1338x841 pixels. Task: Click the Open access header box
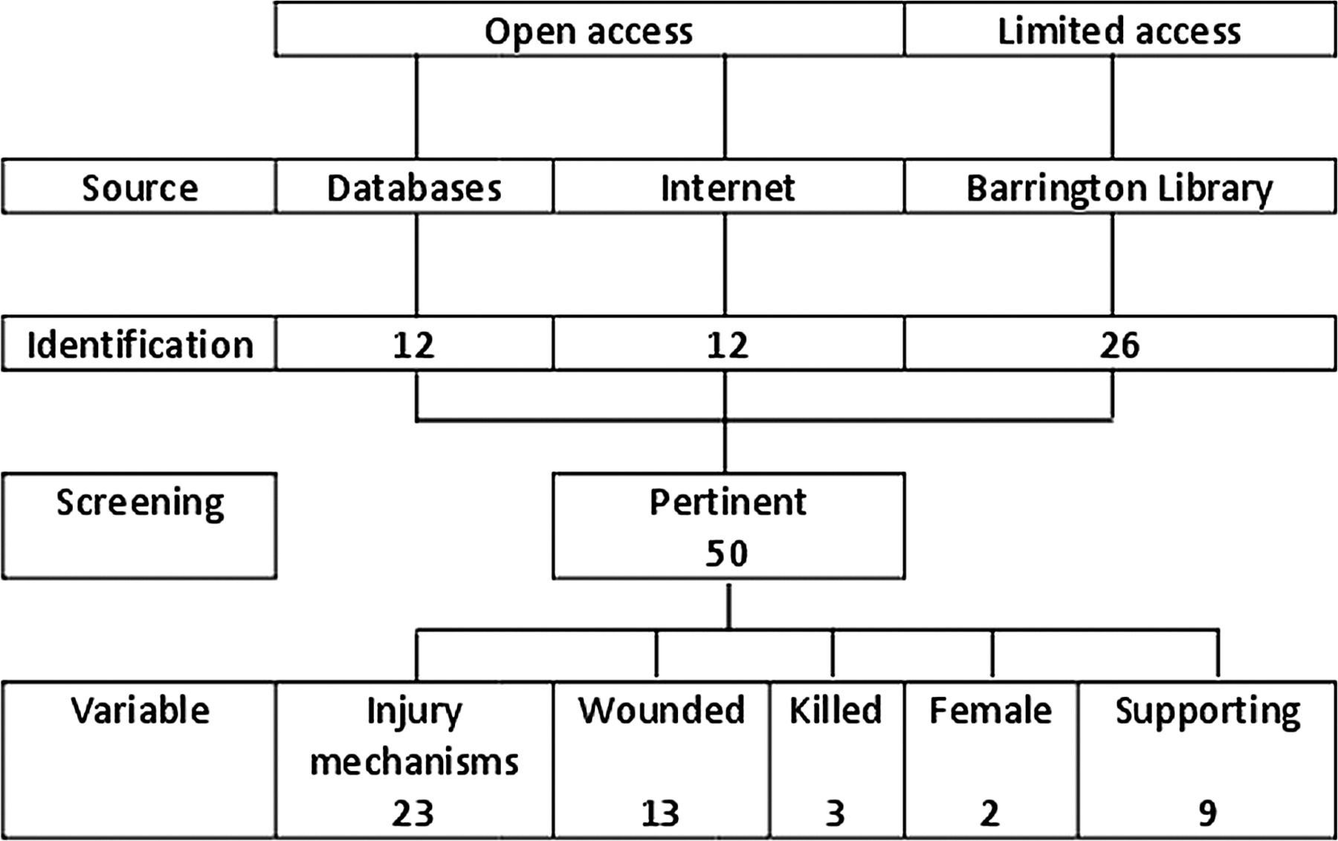point(589,30)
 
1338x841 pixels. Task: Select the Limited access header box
point(1119,30)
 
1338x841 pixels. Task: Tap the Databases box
point(414,187)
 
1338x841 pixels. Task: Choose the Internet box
point(728,187)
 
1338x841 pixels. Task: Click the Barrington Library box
point(1119,187)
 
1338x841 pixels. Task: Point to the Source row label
point(140,187)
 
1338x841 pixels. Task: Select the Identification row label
point(140,344)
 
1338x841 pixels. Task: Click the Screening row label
point(140,503)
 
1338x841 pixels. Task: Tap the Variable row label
point(140,710)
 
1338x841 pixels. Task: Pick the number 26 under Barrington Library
point(1119,345)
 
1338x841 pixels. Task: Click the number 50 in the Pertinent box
point(727,553)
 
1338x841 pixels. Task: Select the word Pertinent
point(728,502)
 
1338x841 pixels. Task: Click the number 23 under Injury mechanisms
point(413,813)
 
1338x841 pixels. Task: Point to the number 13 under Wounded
point(661,813)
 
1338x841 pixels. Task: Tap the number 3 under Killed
point(836,813)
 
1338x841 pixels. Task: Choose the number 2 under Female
point(989,813)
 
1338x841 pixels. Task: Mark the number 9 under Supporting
point(1207,813)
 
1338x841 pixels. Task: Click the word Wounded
point(662,710)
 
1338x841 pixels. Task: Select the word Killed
point(836,710)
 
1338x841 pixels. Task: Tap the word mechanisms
point(414,762)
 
